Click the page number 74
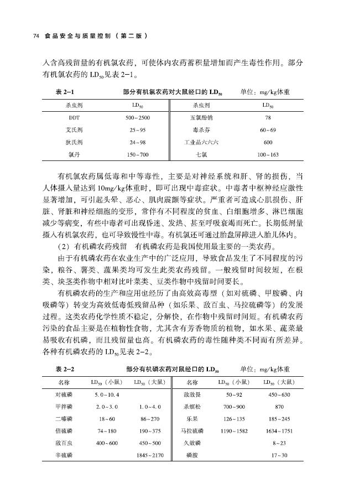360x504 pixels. tap(36, 36)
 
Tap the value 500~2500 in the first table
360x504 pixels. tap(138, 118)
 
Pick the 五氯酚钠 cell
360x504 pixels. tap(201, 118)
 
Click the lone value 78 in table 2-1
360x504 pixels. tap(268, 118)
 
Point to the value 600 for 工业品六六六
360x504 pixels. tap(268, 142)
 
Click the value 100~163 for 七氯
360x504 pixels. tap(268, 154)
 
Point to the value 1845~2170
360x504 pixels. tap(150, 455)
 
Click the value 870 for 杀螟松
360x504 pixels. tap(279, 407)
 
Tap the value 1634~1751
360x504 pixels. tap(279, 430)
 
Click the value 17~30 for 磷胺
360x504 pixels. tap(279, 455)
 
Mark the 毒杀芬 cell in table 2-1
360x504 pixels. tap(201, 130)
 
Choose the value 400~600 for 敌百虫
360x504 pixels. tap(107, 443)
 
